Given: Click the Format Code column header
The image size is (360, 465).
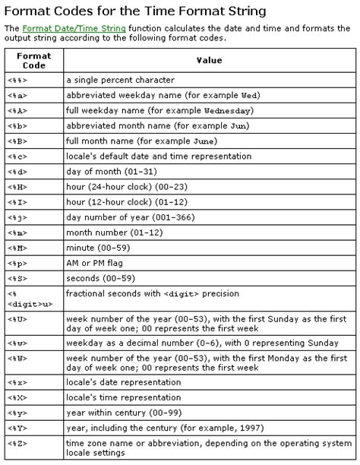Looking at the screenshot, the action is pos(34,61).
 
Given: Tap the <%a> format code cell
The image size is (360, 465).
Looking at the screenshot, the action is pos(18,95).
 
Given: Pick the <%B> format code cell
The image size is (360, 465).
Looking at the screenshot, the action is pos(18,141).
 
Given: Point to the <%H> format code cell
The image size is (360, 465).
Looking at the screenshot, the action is pos(18,187).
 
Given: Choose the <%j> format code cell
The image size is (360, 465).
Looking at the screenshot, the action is pos(18,217).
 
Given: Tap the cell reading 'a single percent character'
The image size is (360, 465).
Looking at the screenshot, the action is pos(120,80).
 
